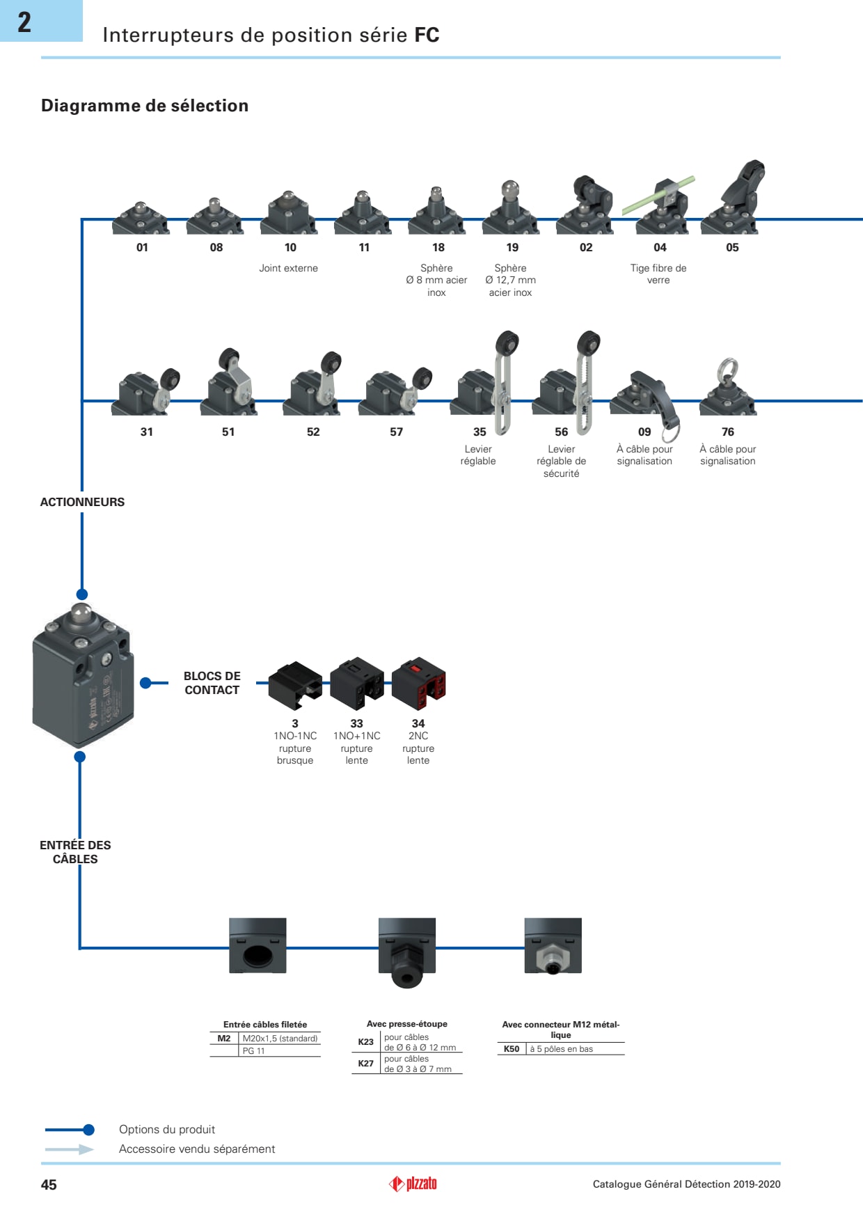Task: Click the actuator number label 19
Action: click(512, 247)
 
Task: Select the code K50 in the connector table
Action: click(512, 1049)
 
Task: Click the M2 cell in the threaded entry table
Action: click(224, 1039)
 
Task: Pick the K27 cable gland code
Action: click(366, 1064)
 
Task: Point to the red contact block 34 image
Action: click(419, 683)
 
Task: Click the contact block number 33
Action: click(356, 724)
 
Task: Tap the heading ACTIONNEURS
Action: click(82, 502)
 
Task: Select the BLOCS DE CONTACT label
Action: click(212, 683)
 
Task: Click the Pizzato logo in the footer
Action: click(413, 1183)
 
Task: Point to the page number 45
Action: click(49, 1185)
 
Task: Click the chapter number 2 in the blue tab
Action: click(24, 22)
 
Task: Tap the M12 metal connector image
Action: click(553, 947)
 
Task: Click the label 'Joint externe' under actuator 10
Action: click(288, 268)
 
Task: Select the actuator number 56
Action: click(562, 432)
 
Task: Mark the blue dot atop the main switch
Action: click(82, 594)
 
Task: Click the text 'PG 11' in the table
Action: click(253, 1051)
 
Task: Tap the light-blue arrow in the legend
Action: click(70, 1149)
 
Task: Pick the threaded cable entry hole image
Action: click(258, 947)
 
